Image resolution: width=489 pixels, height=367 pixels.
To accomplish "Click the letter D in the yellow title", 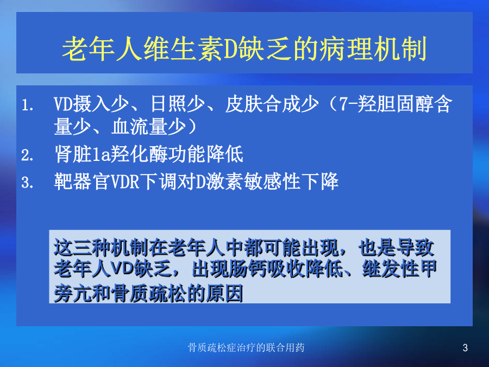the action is pos(229,49).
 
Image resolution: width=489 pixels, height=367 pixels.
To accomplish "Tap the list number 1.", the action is pos(27,105).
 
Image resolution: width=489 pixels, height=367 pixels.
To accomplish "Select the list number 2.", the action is pos(27,155).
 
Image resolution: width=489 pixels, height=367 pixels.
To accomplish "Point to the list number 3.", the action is pos(27,182).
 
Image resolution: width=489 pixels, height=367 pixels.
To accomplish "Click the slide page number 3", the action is pos(465,347).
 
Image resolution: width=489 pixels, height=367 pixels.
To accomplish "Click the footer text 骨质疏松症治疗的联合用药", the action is pos(246,347).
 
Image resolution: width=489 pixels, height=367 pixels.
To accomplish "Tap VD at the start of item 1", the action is pos(64,104).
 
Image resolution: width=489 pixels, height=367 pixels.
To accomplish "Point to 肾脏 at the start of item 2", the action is pos(73,154).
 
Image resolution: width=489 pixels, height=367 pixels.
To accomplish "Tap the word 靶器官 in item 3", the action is pos(83,181).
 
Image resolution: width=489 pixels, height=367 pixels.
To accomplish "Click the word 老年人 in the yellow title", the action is pos(102,49).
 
